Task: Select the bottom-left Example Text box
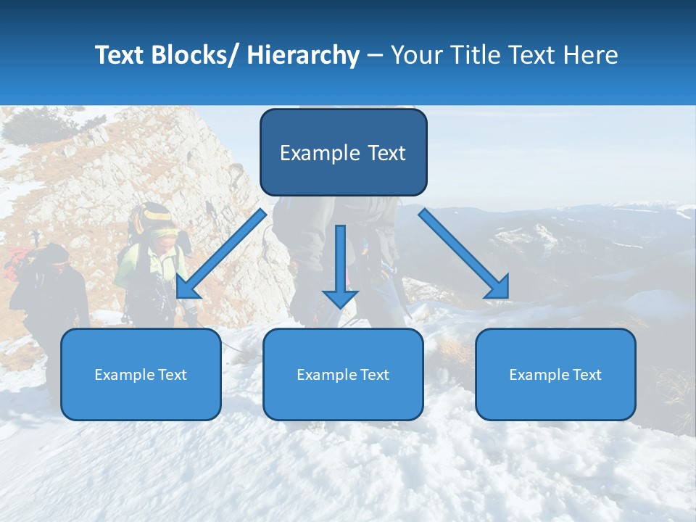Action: pyautogui.click(x=141, y=374)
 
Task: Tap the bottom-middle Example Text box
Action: pyautogui.click(x=343, y=374)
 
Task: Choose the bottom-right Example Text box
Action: pyautogui.click(x=555, y=374)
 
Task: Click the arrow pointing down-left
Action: pyautogui.click(x=221, y=254)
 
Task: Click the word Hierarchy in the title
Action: pyautogui.click(x=303, y=55)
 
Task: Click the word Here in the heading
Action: pyautogui.click(x=588, y=55)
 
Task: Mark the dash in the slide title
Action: pyautogui.click(x=375, y=55)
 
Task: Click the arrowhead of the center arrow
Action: pyautogui.click(x=340, y=297)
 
